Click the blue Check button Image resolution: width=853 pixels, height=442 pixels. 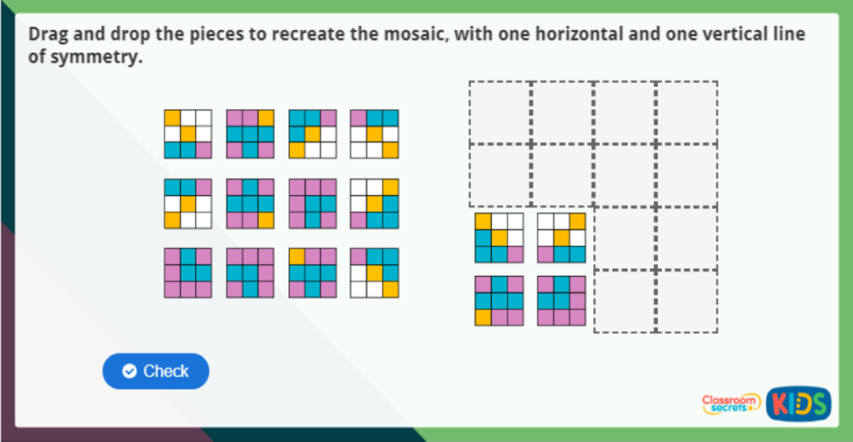156,371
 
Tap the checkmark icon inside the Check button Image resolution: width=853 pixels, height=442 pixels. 130,371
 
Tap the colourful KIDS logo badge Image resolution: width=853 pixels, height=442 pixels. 799,404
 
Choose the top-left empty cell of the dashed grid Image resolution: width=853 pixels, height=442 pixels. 500,112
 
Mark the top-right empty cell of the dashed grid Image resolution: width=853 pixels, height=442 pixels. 686,112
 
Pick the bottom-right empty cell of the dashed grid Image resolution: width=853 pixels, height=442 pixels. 686,300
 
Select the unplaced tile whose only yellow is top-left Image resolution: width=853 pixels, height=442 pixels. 312,273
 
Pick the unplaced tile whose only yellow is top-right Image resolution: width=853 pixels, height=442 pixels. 250,134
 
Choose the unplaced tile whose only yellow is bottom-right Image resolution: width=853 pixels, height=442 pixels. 250,203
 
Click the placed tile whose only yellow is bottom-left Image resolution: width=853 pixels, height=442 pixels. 498,300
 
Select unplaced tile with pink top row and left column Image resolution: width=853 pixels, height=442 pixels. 312,203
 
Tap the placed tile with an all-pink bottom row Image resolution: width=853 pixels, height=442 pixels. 562,300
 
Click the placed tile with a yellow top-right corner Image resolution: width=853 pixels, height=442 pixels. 562,237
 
